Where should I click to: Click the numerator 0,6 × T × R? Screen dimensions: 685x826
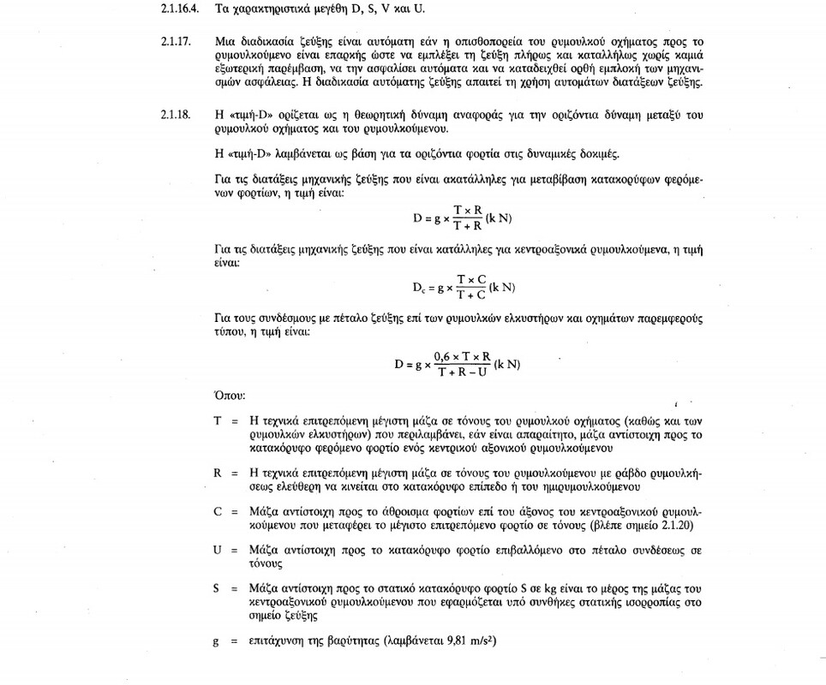[463, 355]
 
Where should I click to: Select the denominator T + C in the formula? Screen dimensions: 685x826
[470, 295]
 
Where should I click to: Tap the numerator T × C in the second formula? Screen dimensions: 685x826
[470, 279]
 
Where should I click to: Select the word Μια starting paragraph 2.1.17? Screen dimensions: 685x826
[225, 41]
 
